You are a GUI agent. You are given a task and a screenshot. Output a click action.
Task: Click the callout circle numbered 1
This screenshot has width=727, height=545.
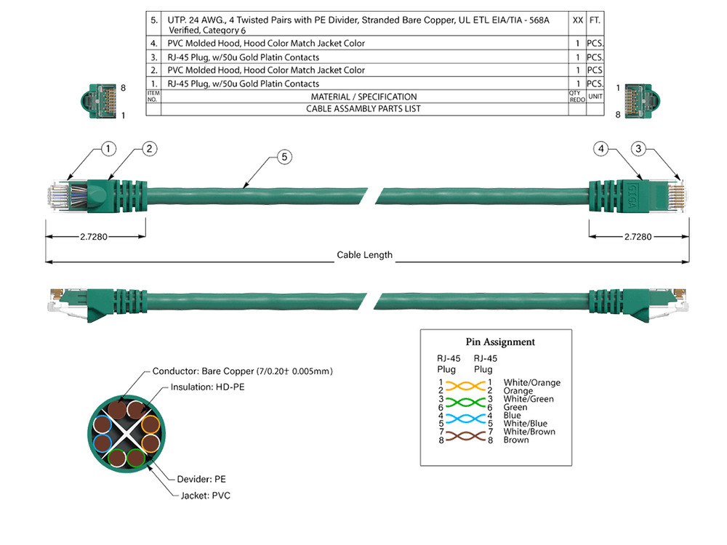pyautogui.click(x=108, y=149)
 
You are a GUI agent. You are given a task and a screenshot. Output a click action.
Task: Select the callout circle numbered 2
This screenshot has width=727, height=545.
pyautogui.click(x=149, y=149)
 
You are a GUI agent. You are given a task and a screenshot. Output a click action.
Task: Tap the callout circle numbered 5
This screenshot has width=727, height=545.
pyautogui.click(x=284, y=156)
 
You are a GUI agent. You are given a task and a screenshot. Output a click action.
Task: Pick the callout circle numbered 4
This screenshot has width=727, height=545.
pyautogui.click(x=601, y=149)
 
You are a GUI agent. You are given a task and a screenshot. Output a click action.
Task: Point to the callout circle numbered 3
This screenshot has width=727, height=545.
pyautogui.click(x=638, y=149)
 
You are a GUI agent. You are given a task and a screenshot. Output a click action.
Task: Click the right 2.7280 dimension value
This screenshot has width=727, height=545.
pyautogui.click(x=638, y=237)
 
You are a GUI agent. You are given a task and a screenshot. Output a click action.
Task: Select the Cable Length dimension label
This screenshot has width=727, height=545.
pyautogui.click(x=364, y=255)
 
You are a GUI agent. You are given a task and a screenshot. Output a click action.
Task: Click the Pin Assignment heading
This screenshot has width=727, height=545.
pyautogui.click(x=499, y=342)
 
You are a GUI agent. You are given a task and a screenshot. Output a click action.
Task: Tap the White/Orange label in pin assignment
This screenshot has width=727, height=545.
pyautogui.click(x=531, y=382)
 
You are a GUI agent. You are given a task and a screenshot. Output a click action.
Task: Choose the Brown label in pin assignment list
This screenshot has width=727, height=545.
pyautogui.click(x=516, y=440)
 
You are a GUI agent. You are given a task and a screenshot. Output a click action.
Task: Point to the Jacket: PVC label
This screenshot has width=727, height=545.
pyautogui.click(x=206, y=495)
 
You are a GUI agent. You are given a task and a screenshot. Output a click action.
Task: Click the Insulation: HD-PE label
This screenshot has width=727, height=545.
pyautogui.click(x=207, y=387)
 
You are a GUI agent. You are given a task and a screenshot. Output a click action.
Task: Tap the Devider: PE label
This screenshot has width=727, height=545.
pyautogui.click(x=201, y=479)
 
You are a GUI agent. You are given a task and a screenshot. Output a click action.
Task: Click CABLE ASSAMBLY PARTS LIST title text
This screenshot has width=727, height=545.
pyautogui.click(x=363, y=109)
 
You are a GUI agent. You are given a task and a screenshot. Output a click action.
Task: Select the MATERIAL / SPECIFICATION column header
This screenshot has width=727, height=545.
pyautogui.click(x=363, y=97)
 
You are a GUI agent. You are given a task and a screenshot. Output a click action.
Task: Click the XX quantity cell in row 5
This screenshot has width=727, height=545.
pyautogui.click(x=577, y=21)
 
